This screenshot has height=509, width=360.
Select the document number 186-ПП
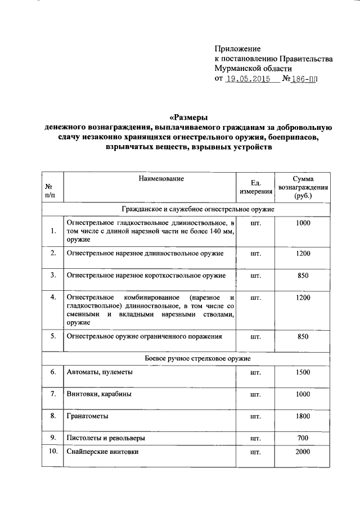[x=301, y=79]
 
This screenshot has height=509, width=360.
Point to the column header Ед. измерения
[x=256, y=187]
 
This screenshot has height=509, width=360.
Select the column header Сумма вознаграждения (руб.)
[x=303, y=187]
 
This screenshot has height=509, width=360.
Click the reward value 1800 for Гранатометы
[x=303, y=416]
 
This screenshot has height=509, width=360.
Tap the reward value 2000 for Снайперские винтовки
[x=303, y=452]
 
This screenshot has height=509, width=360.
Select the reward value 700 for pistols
[x=303, y=438]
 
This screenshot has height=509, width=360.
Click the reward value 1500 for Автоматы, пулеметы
[x=303, y=372]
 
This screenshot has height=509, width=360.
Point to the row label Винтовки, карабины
[x=100, y=394]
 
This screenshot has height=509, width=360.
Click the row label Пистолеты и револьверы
[x=108, y=438]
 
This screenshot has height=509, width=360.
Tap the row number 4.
[x=52, y=296]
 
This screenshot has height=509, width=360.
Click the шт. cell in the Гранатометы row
[x=256, y=416]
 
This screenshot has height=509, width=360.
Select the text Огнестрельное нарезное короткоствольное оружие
[x=146, y=276]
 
